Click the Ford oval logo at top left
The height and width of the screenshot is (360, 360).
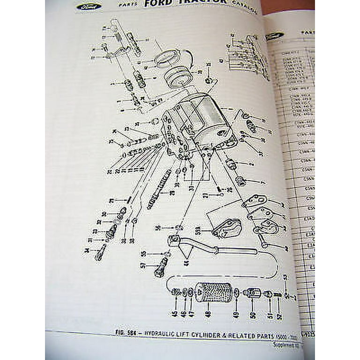tap(87, 7)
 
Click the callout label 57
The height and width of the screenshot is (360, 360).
tap(143, 265)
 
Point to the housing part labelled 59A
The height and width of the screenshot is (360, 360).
tap(227, 228)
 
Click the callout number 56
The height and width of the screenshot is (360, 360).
tap(158, 227)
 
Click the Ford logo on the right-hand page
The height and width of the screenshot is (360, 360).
tap(274, 36)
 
